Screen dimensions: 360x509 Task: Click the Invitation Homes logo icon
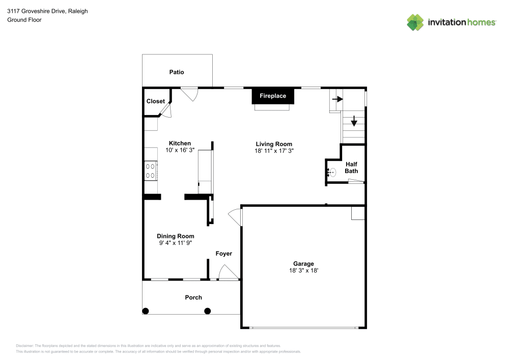[415, 22]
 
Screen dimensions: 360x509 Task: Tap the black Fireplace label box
[273, 96]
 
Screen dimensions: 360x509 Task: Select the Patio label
[177, 72]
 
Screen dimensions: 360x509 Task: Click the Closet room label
[155, 101]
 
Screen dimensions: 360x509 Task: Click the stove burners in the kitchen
[151, 170]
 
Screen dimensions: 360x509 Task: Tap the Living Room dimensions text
[274, 151]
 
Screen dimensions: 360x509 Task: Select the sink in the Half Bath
[331, 173]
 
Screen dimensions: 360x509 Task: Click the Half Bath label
[351, 168]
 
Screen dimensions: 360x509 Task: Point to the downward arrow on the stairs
[354, 122]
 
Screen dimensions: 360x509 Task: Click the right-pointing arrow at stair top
[336, 99]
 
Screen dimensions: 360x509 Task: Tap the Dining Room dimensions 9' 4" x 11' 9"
[176, 243]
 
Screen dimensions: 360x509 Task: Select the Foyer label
[223, 254]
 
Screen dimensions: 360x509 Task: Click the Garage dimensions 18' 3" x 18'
[303, 271]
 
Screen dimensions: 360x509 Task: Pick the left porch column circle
[146, 311]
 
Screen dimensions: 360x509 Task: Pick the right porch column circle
[207, 311]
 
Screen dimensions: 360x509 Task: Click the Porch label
[193, 297]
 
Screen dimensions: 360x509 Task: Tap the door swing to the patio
[190, 94]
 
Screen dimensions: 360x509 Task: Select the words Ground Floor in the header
[24, 20]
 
